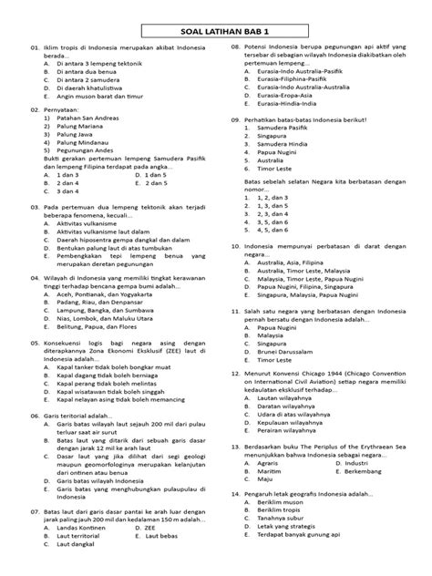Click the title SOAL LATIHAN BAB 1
(216, 29)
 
